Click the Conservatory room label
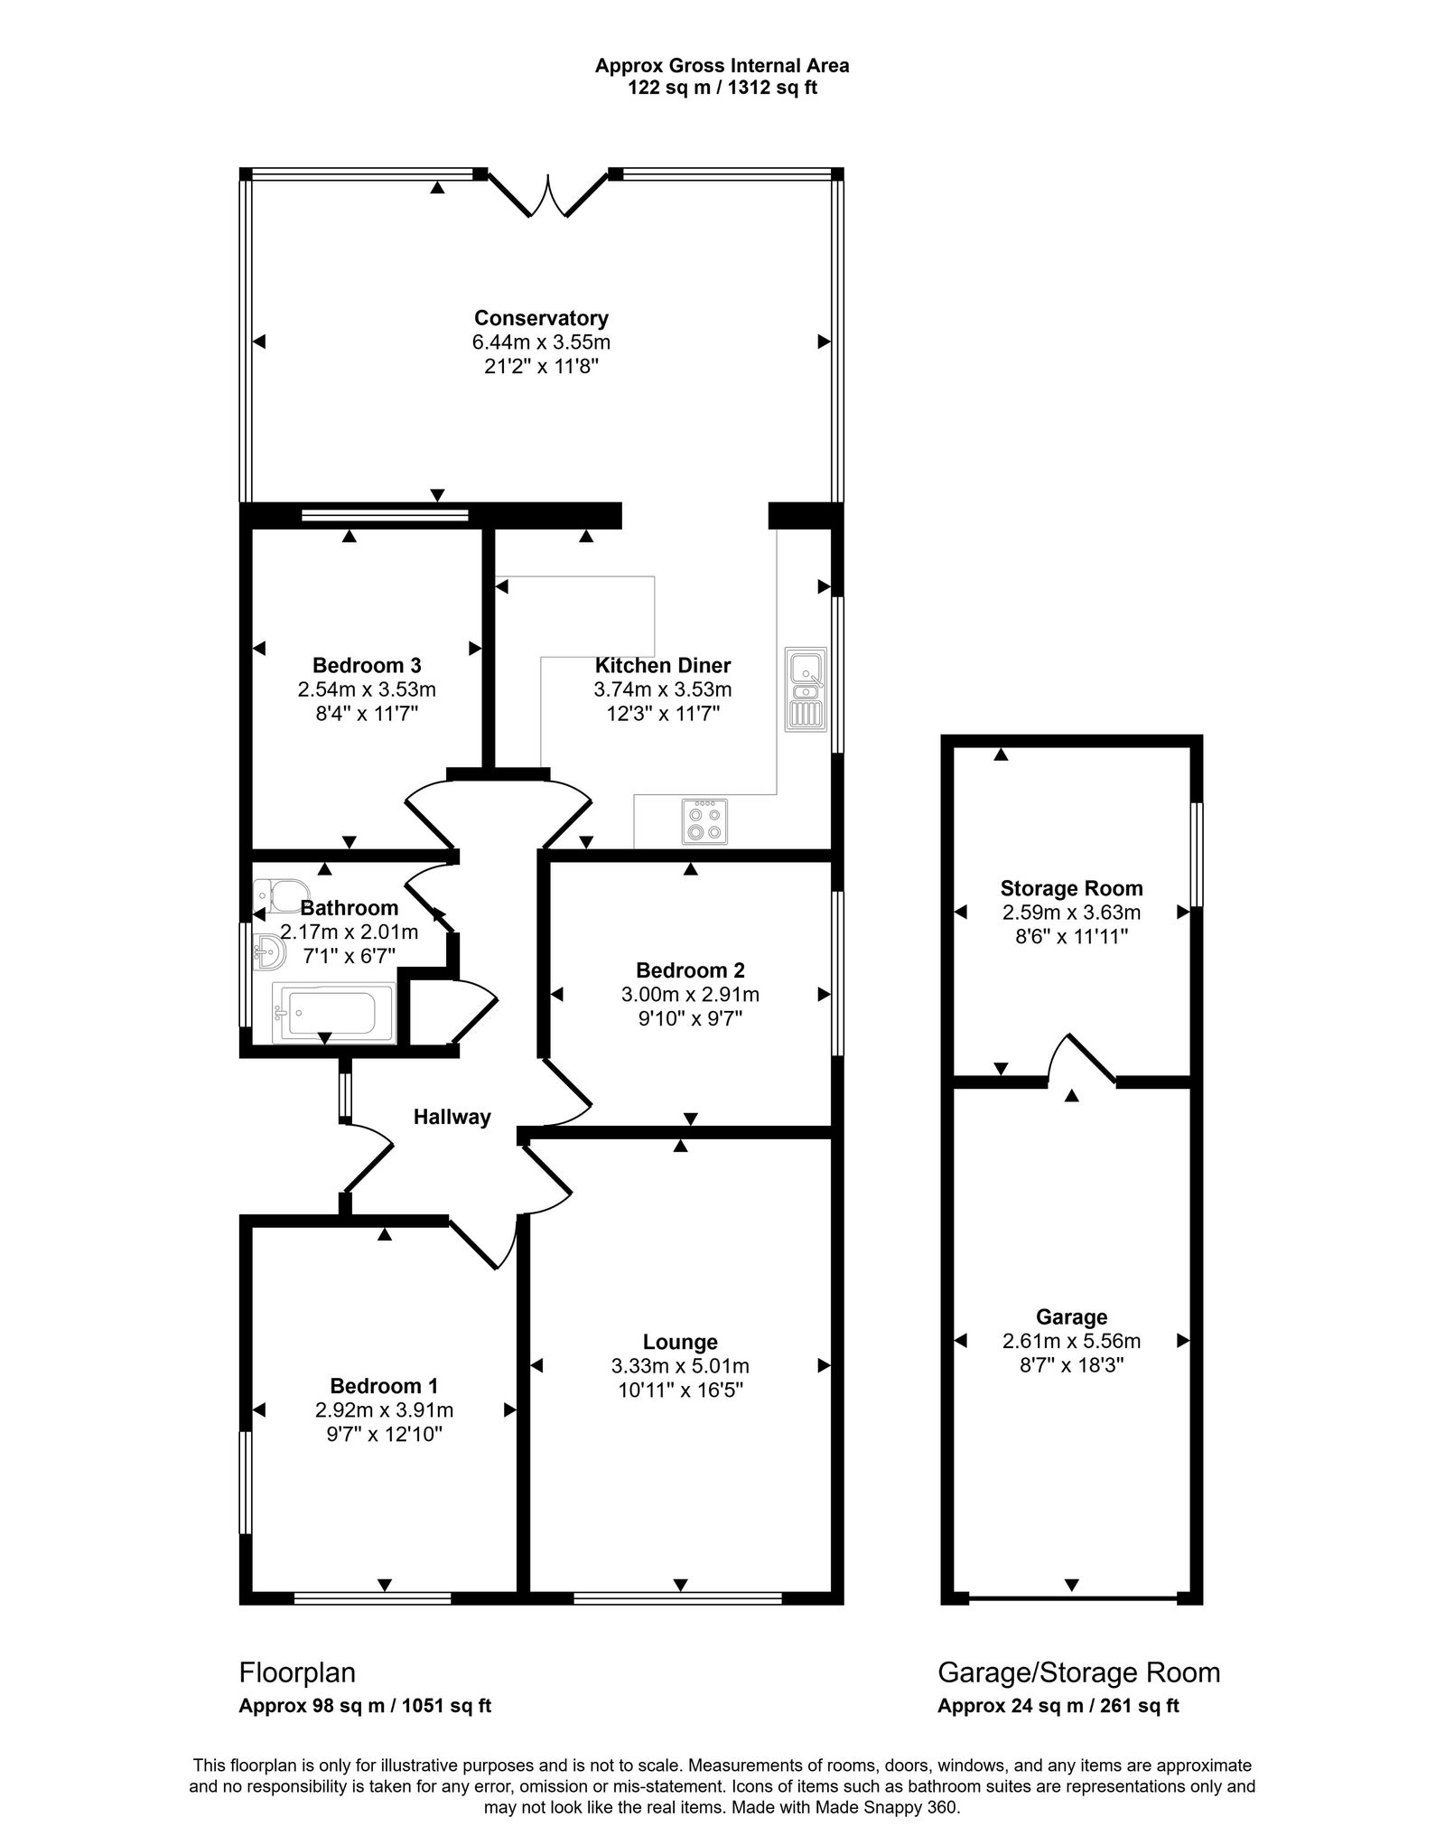click(540, 318)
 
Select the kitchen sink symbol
click(805, 689)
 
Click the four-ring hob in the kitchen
click(704, 821)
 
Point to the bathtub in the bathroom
click(331, 1012)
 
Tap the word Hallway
click(452, 1117)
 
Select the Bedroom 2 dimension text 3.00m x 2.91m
click(690, 995)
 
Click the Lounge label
click(680, 1343)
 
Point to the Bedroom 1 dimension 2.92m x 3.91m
click(384, 1410)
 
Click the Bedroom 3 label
click(367, 666)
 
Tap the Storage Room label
click(1071, 888)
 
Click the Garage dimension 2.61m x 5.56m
click(1071, 1341)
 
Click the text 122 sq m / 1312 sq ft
click(722, 89)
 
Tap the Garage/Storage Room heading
click(1078, 1672)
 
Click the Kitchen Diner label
click(662, 666)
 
